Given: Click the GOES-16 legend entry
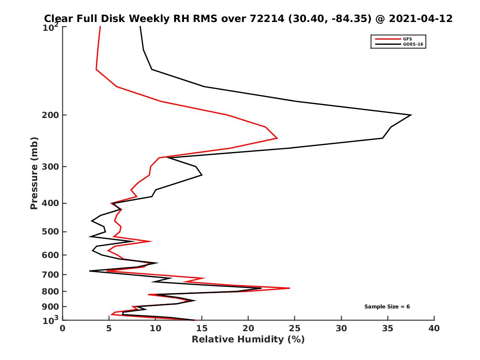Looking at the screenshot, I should coord(412,44).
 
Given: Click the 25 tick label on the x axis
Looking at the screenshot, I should coord(295,328).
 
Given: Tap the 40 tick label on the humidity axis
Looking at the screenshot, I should coord(434,328).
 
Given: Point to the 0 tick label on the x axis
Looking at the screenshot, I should coord(63,328).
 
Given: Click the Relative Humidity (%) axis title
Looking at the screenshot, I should coord(248,340).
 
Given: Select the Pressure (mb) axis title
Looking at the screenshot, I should coord(34,173).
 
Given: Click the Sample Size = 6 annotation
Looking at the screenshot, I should coord(387,307).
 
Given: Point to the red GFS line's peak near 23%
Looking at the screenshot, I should coord(277,138).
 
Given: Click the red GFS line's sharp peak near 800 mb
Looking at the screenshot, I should coord(289,288).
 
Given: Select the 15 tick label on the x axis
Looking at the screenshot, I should coord(202,328).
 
